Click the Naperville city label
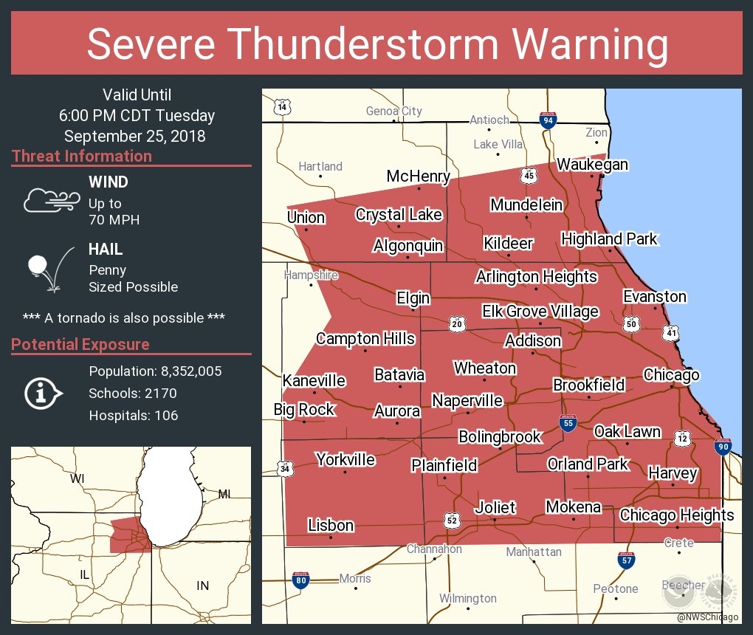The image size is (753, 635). (x=467, y=401)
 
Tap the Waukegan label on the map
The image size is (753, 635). (x=592, y=164)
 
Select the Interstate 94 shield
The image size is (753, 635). (x=548, y=120)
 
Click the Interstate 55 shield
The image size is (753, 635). (x=568, y=423)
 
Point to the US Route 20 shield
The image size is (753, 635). (x=457, y=323)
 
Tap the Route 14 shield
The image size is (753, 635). (x=281, y=107)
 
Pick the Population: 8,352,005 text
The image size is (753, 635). (x=155, y=371)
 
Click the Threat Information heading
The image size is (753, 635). (x=82, y=157)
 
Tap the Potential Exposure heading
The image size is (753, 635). (x=80, y=345)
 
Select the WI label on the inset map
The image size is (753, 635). (x=77, y=478)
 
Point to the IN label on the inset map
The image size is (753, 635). (x=202, y=586)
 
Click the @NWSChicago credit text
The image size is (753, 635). (x=707, y=617)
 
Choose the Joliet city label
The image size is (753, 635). (x=495, y=508)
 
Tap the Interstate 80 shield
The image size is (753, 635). (x=300, y=580)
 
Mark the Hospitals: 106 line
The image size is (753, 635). (x=134, y=415)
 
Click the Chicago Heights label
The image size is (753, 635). (x=676, y=515)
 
